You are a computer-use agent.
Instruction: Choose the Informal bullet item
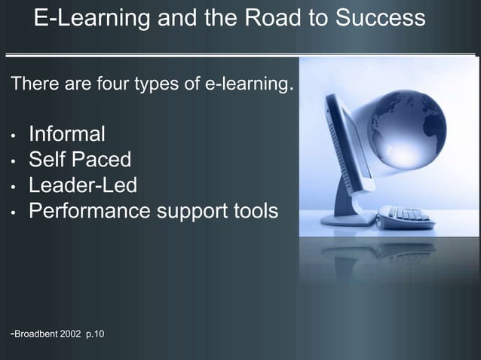click(66, 135)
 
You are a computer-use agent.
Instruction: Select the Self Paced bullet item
click(79, 160)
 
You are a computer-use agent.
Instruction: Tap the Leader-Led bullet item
click(83, 185)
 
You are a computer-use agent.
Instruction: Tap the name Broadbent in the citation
click(38, 334)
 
